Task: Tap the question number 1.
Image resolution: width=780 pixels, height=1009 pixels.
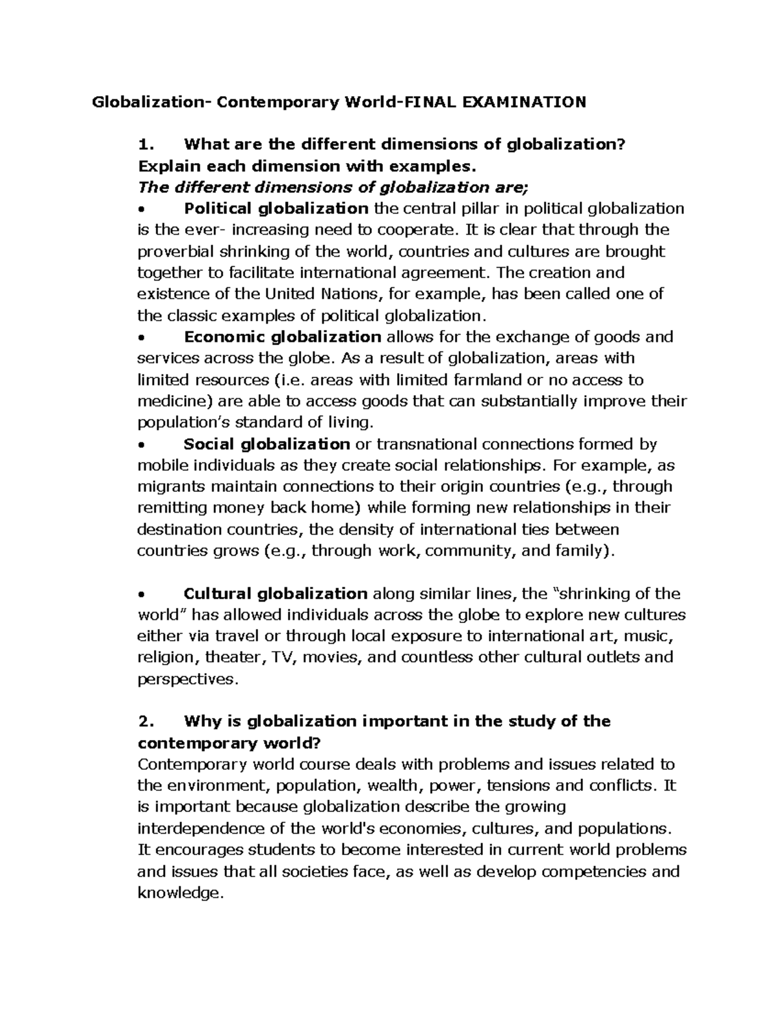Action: tap(146, 144)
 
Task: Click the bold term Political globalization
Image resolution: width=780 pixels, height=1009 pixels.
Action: tap(276, 209)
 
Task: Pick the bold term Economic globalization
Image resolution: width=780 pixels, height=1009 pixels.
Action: tap(282, 337)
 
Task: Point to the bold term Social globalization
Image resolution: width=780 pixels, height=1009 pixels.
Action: tap(266, 444)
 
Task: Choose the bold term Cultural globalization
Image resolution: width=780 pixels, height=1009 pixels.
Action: tap(276, 593)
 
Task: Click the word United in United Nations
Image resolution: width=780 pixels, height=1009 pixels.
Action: tap(290, 294)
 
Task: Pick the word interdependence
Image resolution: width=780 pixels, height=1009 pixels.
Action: tap(205, 828)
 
